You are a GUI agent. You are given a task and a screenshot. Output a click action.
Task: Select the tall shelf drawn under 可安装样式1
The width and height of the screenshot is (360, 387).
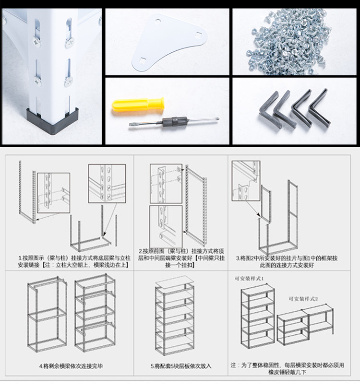(x=257, y=319)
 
